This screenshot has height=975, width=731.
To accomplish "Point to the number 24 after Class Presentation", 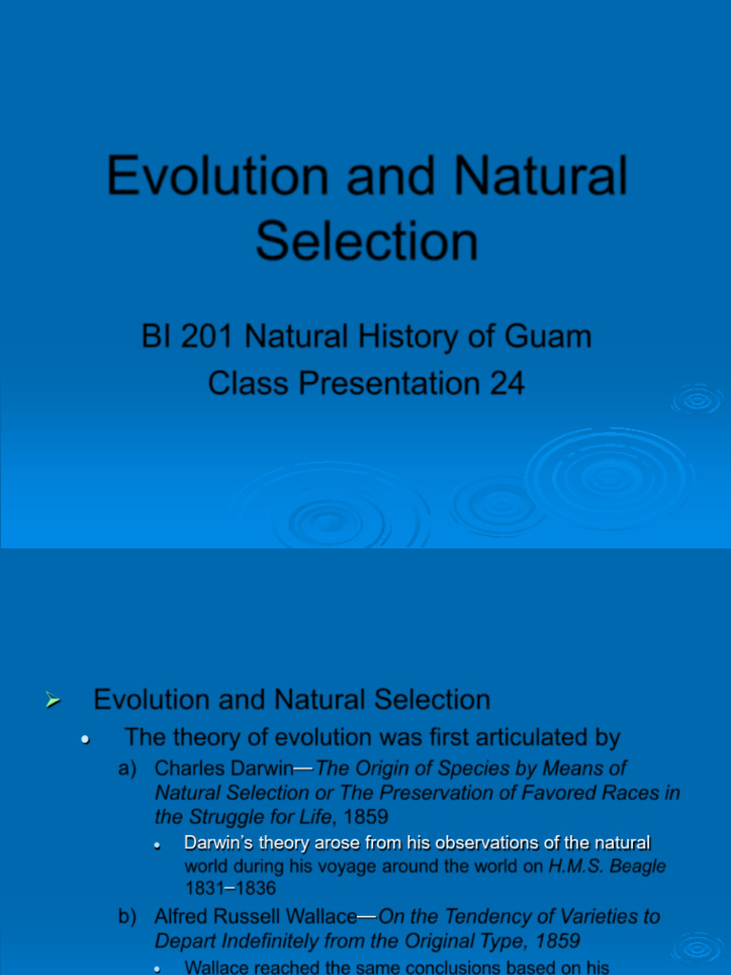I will point(506,383).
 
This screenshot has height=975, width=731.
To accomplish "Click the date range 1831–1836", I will point(229,889).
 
